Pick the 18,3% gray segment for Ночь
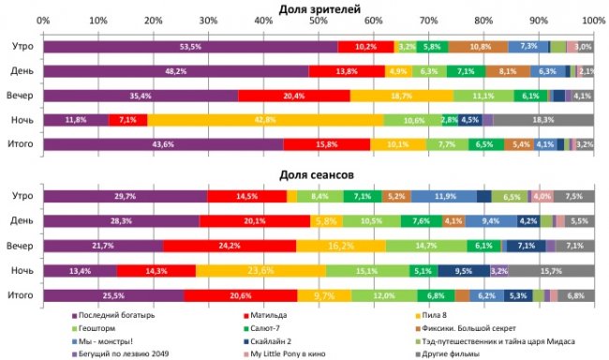point(542,119)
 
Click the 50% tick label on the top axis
point(319,20)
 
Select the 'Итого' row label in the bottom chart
point(22,294)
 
